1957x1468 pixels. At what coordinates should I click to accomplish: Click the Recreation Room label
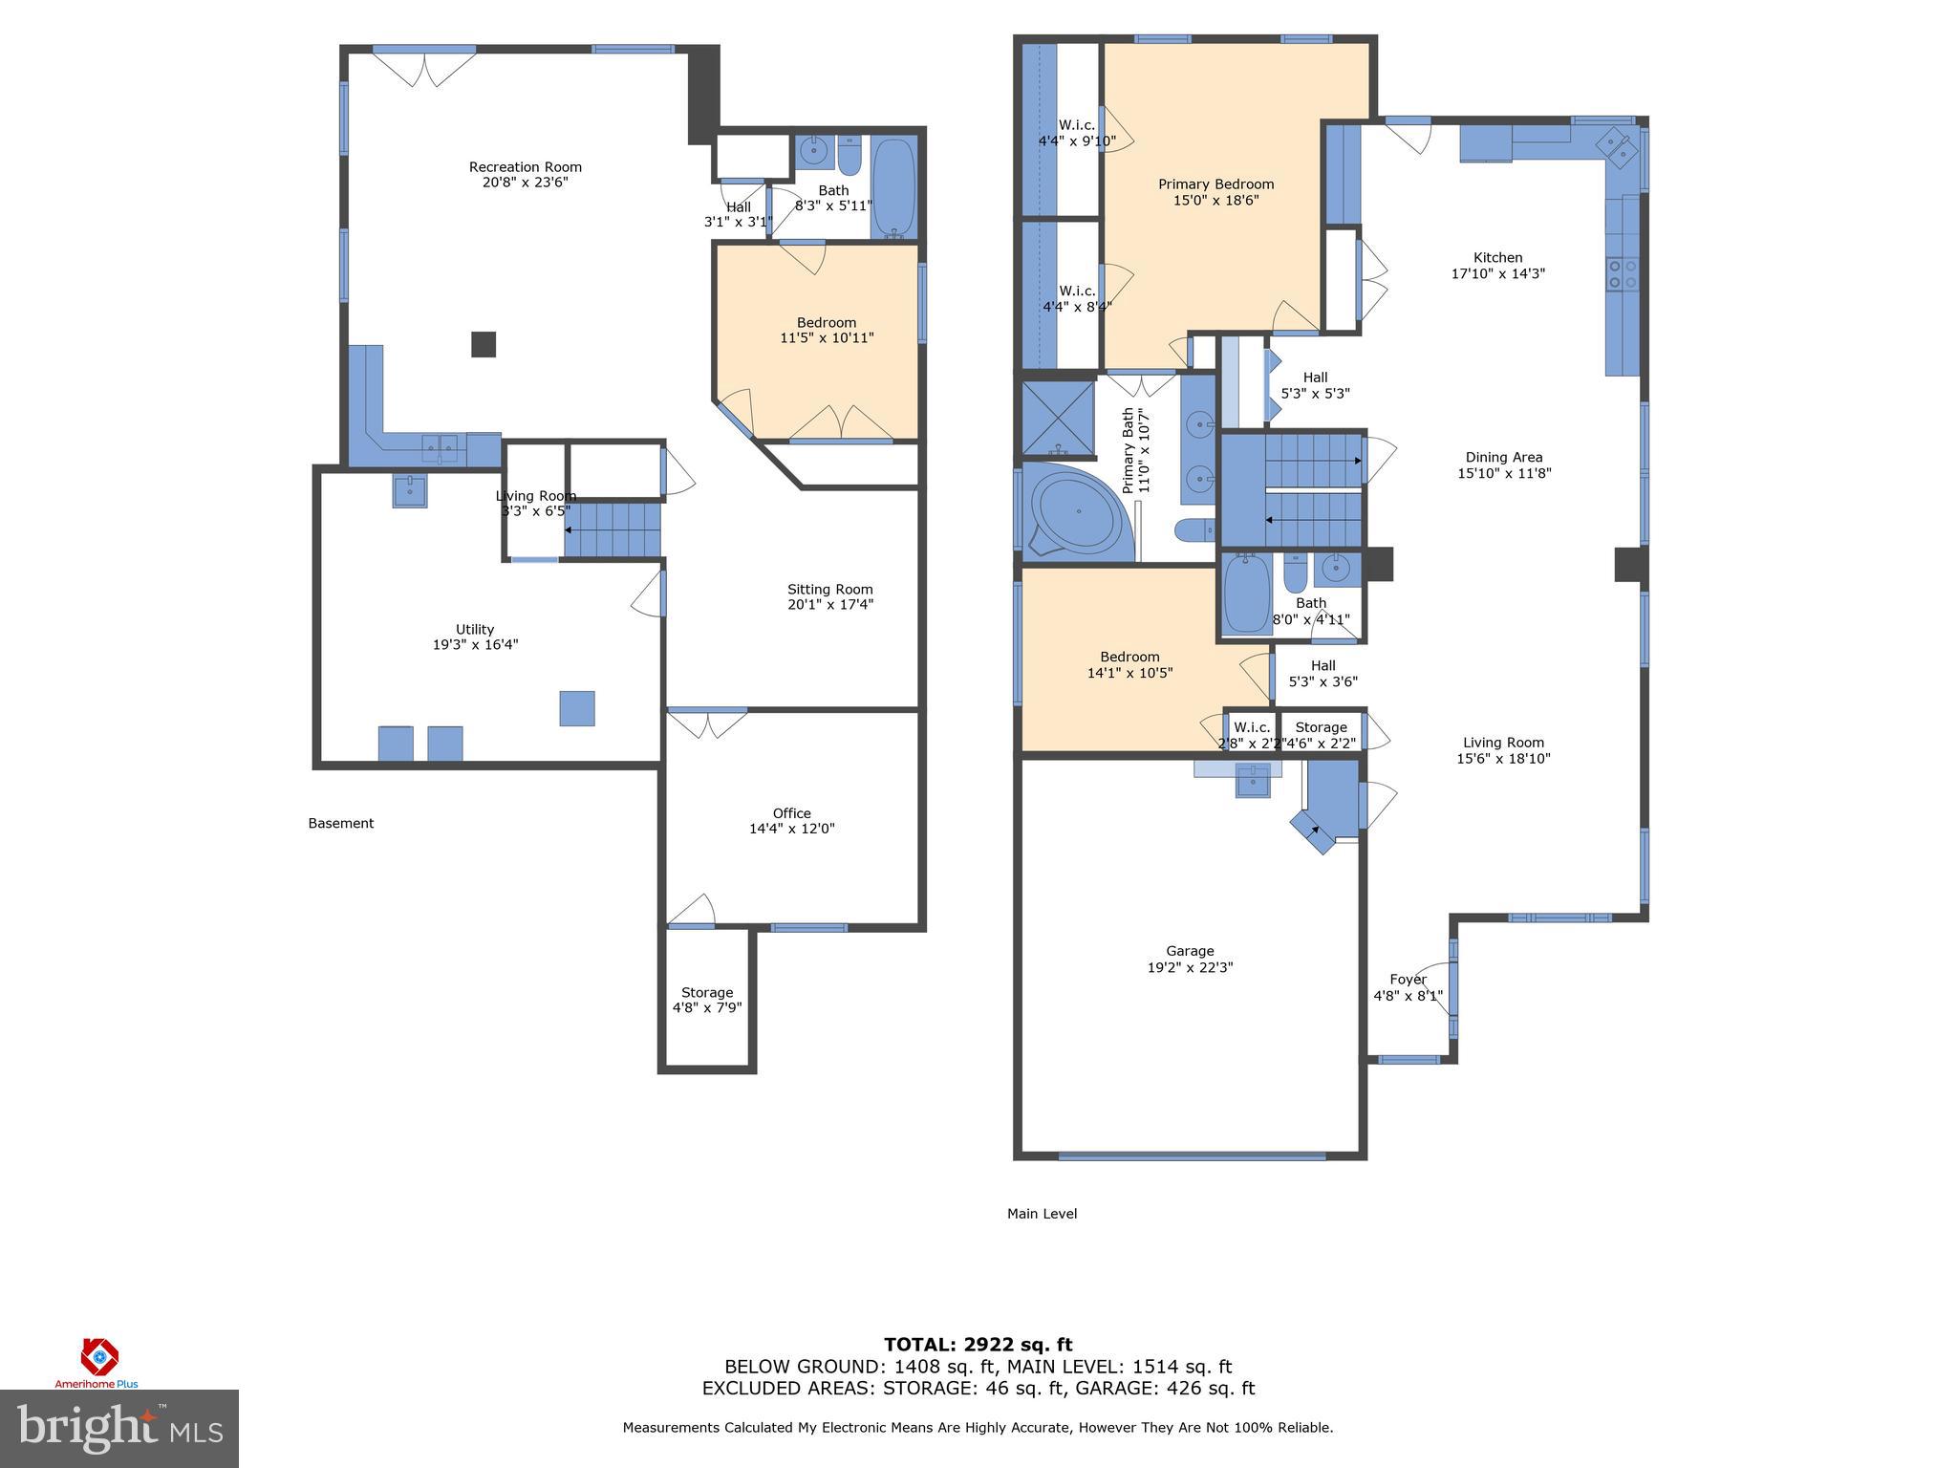(x=525, y=167)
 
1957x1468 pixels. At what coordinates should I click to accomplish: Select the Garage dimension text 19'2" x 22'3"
(x=1190, y=967)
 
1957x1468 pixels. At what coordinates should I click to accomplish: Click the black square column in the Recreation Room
(x=484, y=344)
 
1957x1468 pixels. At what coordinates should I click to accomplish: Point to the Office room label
(x=791, y=813)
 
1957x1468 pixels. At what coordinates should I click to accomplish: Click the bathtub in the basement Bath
(x=894, y=187)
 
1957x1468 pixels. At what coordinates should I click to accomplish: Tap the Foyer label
(x=1408, y=980)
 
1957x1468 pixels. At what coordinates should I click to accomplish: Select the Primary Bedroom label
(x=1215, y=184)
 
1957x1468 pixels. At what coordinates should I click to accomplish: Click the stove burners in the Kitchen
(x=1622, y=273)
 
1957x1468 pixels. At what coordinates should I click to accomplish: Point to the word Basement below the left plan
(x=341, y=823)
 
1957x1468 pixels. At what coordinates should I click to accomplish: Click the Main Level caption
(x=1042, y=1214)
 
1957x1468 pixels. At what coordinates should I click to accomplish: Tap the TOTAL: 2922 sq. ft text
(x=978, y=1346)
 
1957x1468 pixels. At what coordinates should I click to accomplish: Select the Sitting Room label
(x=829, y=590)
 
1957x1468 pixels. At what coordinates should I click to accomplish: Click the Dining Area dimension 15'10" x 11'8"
(x=1504, y=473)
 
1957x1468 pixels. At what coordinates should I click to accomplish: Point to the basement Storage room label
(x=707, y=993)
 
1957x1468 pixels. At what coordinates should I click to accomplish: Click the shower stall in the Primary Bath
(x=1058, y=417)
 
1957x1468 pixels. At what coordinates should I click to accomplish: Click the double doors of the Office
(x=707, y=723)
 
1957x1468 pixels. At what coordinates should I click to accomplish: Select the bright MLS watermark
(x=119, y=1429)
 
